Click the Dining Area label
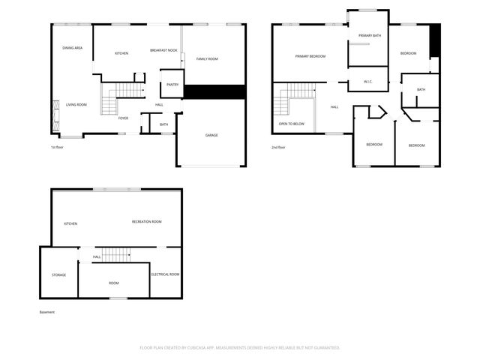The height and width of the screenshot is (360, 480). [73, 48]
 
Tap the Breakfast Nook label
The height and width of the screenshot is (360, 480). [163, 49]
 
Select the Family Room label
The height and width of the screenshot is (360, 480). [207, 58]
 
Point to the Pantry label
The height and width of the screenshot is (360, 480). [172, 85]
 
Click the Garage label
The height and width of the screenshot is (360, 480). [211, 136]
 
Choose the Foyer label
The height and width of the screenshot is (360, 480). [124, 118]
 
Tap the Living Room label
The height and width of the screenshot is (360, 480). [76, 104]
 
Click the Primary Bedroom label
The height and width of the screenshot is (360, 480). [310, 56]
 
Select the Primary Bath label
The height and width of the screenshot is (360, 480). [370, 36]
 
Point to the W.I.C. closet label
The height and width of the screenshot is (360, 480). [368, 81]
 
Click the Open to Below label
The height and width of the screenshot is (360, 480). [291, 123]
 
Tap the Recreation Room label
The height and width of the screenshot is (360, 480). [147, 222]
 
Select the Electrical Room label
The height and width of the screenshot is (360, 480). [165, 274]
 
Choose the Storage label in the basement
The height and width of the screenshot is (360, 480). [59, 275]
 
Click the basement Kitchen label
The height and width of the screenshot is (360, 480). [70, 223]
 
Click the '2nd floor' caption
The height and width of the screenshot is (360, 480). [279, 148]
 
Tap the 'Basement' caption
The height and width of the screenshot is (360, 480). [47, 312]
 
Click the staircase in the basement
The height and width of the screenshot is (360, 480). [117, 254]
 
